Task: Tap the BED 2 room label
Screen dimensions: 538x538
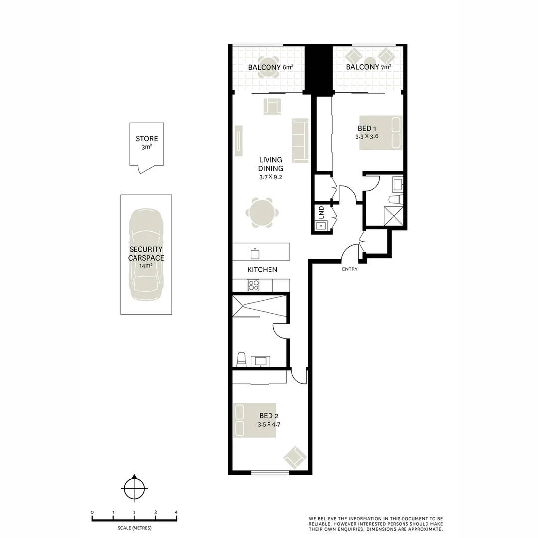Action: [x=266, y=416]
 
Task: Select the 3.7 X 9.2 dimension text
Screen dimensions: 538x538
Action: [x=270, y=177]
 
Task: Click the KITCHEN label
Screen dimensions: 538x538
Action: [x=263, y=269]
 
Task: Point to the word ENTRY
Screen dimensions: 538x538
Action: [x=350, y=269]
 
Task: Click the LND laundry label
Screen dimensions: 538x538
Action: [x=321, y=212]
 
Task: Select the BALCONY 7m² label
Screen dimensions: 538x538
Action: [x=368, y=67]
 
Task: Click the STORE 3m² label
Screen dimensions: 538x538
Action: [x=147, y=143]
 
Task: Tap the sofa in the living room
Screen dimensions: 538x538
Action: [x=301, y=140]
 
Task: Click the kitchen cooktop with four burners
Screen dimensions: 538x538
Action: [x=253, y=285]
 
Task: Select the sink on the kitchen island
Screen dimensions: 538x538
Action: [x=255, y=254]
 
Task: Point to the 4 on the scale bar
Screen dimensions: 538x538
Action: [x=176, y=512]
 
